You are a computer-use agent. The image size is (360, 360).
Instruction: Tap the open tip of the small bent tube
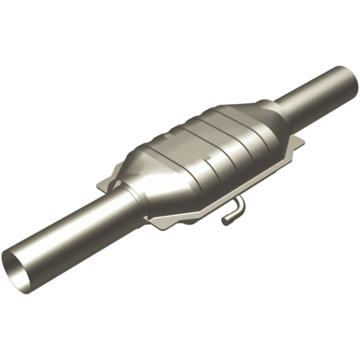coord(224,220)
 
